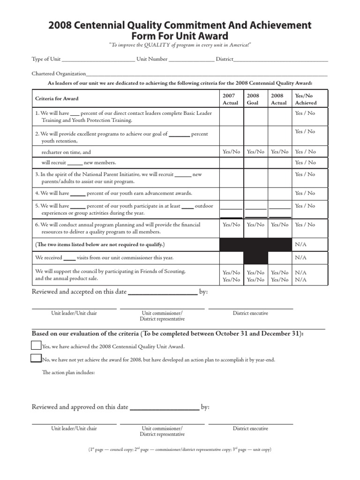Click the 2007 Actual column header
click(230, 99)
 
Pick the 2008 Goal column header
click(253, 99)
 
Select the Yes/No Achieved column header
click(306, 99)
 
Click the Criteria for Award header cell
click(57, 99)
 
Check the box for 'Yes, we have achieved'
click(36, 346)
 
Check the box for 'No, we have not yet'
click(36, 359)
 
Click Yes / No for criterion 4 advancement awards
click(305, 193)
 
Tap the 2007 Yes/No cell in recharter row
click(231, 152)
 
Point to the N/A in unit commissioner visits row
click(300, 258)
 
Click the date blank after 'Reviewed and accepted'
click(162, 293)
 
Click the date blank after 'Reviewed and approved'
click(164, 408)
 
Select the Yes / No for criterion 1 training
click(305, 113)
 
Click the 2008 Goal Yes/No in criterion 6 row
click(255, 225)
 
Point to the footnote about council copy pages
click(180, 450)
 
